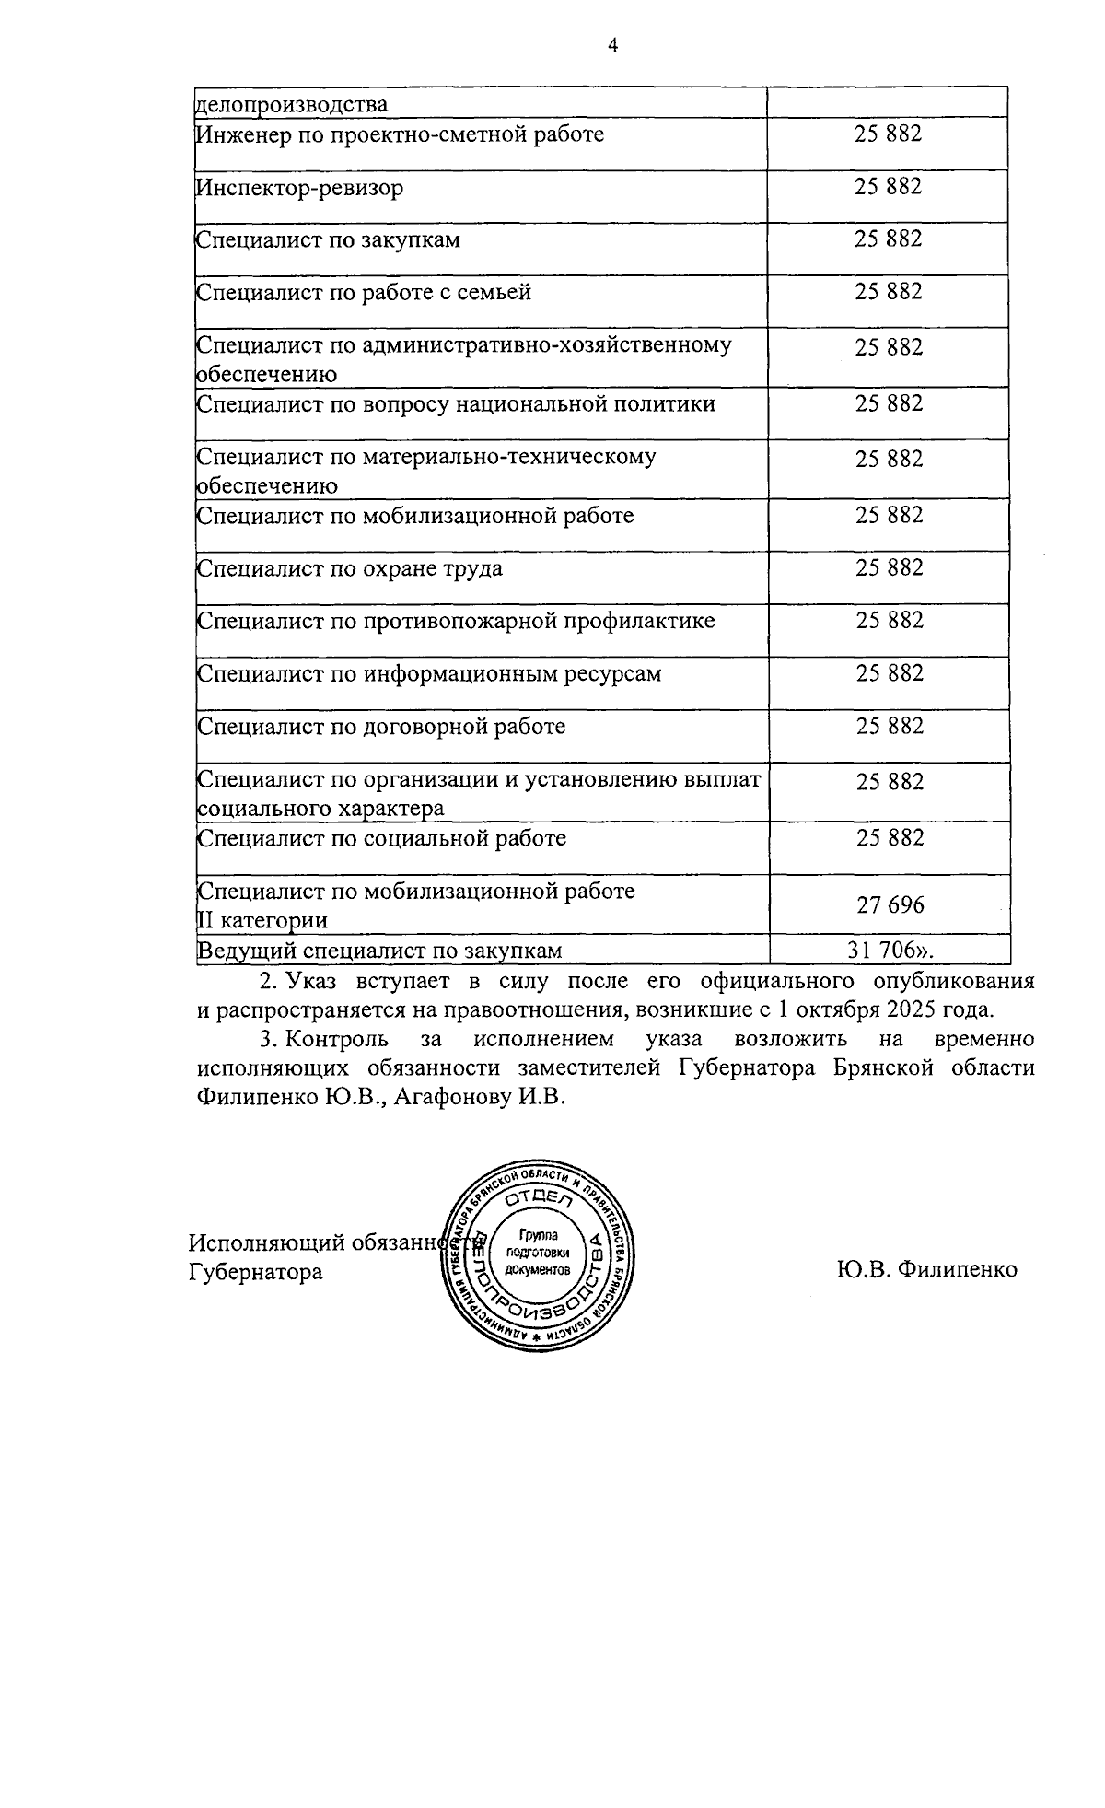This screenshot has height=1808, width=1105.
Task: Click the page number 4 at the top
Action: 612,46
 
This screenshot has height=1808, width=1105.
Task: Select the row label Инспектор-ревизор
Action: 300,189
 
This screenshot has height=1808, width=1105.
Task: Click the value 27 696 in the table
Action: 890,905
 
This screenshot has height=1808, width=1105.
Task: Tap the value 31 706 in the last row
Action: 890,950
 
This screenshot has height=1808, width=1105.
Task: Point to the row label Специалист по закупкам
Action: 329,241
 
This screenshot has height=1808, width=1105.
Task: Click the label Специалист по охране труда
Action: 350,568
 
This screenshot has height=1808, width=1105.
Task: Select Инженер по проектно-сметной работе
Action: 401,135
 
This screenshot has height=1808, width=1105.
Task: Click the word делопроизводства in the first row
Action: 293,105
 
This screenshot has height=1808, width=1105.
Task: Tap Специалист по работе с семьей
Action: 365,294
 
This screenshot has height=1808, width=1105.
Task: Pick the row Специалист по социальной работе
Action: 382,839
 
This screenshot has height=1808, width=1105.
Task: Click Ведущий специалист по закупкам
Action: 379,951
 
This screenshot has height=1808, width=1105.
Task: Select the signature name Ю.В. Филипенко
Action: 926,1270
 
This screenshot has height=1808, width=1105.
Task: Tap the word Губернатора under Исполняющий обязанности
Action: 256,1272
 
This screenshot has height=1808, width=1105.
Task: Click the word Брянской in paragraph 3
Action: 901,1068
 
